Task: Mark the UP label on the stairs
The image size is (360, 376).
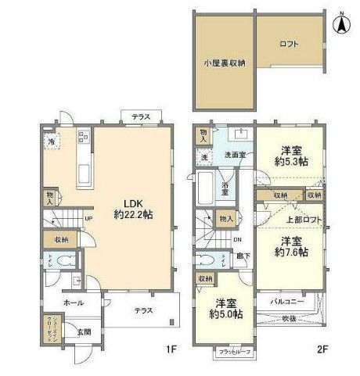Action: coord(88,218)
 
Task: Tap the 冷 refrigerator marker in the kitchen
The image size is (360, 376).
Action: coord(51,143)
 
